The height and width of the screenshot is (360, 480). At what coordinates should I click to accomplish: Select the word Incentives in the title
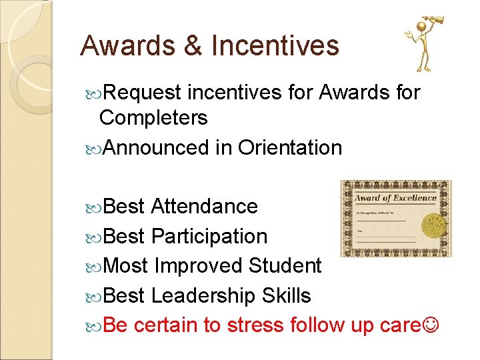[x=275, y=46]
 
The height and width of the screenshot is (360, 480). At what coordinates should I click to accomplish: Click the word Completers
[x=153, y=118]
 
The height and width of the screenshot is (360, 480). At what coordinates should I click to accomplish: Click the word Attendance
[x=204, y=207]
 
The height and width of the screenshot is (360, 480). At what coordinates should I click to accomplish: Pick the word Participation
[x=209, y=236]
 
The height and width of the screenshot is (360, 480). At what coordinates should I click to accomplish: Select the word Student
[x=285, y=266]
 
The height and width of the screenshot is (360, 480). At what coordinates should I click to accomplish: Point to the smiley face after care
[x=431, y=325]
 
